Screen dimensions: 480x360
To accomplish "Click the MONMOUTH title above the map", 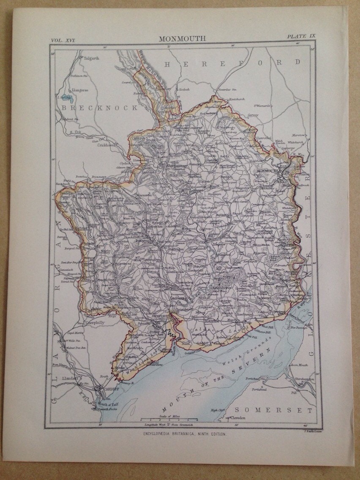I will pos(182,38).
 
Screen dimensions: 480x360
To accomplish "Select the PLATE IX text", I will pos(301,38).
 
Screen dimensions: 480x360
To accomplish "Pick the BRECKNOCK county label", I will pos(100,108).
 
